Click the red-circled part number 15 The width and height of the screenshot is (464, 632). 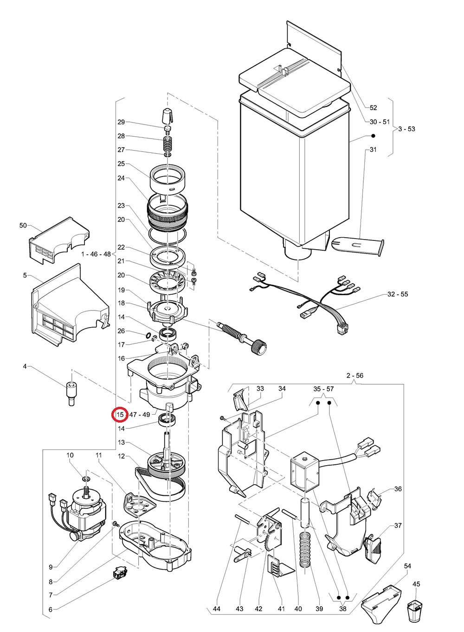click(120, 415)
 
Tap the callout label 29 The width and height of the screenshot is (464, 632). click(121, 122)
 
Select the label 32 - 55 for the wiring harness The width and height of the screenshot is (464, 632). click(398, 294)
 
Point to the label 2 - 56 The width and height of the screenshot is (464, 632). click(354, 375)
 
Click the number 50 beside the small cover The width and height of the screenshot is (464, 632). click(23, 225)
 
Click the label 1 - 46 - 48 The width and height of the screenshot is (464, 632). click(96, 254)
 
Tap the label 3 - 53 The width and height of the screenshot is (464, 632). click(406, 129)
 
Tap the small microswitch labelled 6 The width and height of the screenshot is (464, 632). click(120, 573)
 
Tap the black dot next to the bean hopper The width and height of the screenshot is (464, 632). click(373, 136)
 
